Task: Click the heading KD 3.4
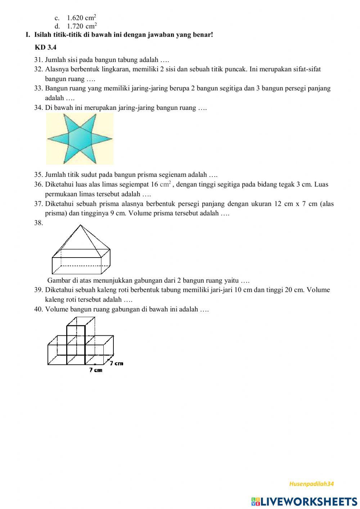(45, 47)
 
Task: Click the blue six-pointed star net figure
(80, 139)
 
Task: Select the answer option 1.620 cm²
(81, 18)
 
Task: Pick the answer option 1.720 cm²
(82, 26)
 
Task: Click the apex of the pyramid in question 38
(80, 225)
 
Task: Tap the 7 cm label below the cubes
(96, 370)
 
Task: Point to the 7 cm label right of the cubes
(117, 363)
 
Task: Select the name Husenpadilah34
(311, 484)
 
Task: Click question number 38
(39, 223)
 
